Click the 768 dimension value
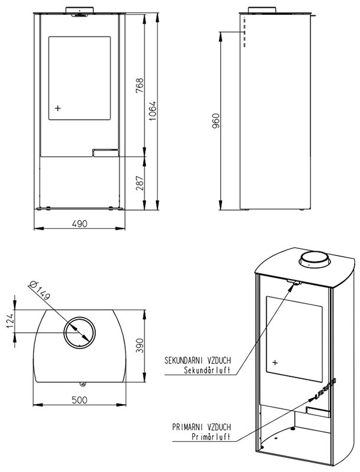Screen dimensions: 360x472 (x=140, y=85)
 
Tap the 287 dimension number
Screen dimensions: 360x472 (x=140, y=183)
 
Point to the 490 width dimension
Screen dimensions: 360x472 (x=80, y=224)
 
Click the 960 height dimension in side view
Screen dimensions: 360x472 (x=216, y=121)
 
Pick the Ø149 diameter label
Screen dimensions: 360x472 (x=40, y=290)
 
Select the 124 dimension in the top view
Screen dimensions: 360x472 (x=10, y=321)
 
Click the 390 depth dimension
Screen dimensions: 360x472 (x=140, y=346)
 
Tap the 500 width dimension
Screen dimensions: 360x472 (x=80, y=400)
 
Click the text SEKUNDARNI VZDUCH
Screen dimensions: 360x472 (x=198, y=360)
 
